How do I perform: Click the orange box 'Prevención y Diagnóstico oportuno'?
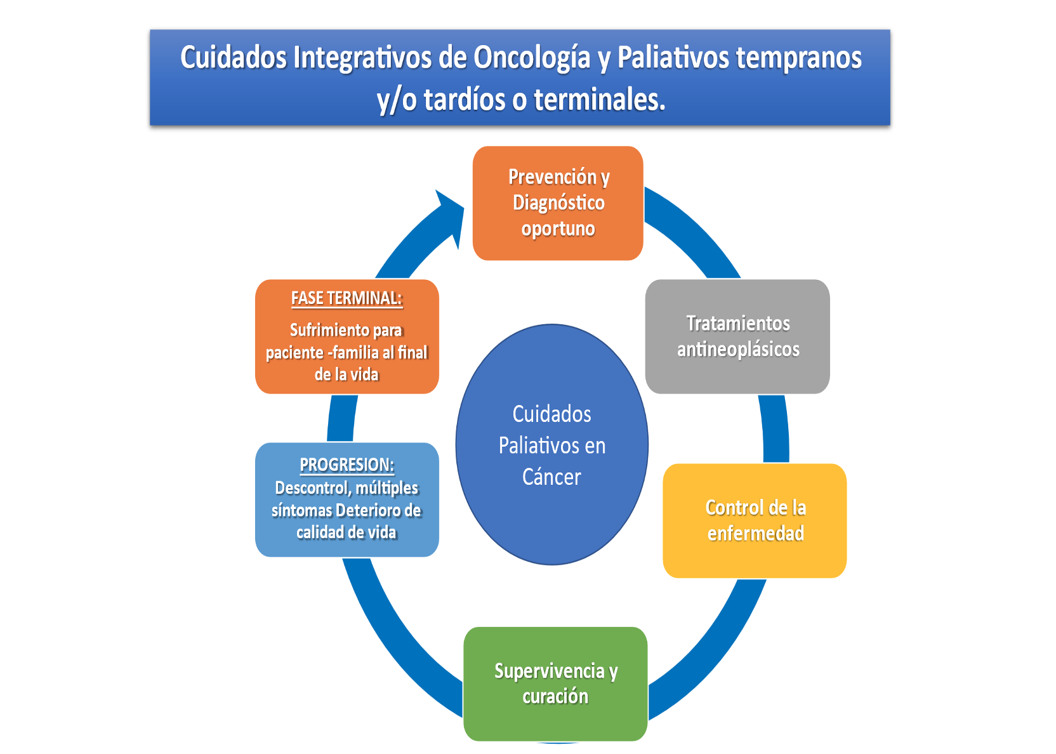pyautogui.click(x=558, y=203)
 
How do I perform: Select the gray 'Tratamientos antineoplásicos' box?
pyautogui.click(x=737, y=336)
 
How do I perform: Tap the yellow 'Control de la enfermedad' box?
pyautogui.click(x=755, y=520)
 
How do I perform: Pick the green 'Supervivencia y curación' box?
pyautogui.click(x=555, y=684)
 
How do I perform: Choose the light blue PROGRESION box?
pyautogui.click(x=346, y=499)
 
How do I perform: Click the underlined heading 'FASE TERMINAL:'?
pyautogui.click(x=346, y=298)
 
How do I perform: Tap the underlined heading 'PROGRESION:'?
pyautogui.click(x=346, y=465)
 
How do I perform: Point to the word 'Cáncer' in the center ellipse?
pyautogui.click(x=551, y=477)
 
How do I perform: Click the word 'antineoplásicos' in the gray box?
pyautogui.click(x=738, y=349)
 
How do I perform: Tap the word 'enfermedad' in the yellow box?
pyautogui.click(x=755, y=533)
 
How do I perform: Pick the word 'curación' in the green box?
pyautogui.click(x=555, y=696)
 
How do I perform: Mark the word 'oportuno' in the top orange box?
pyautogui.click(x=558, y=228)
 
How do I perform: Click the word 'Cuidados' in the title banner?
pyautogui.click(x=234, y=58)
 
